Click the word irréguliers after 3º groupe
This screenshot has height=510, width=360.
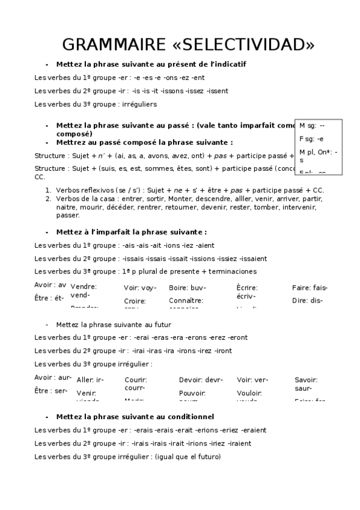138,104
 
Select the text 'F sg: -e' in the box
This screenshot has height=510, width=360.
312,138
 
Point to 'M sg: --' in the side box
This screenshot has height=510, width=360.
312,126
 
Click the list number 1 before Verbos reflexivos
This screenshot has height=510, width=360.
47,190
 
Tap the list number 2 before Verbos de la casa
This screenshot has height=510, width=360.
47,198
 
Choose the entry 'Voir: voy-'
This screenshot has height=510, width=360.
140,287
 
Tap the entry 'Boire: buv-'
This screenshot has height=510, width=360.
187,287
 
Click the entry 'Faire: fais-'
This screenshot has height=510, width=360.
310,287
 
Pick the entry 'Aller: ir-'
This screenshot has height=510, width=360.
90,379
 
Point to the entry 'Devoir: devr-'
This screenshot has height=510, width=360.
201,379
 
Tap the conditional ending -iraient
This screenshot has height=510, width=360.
239,443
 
